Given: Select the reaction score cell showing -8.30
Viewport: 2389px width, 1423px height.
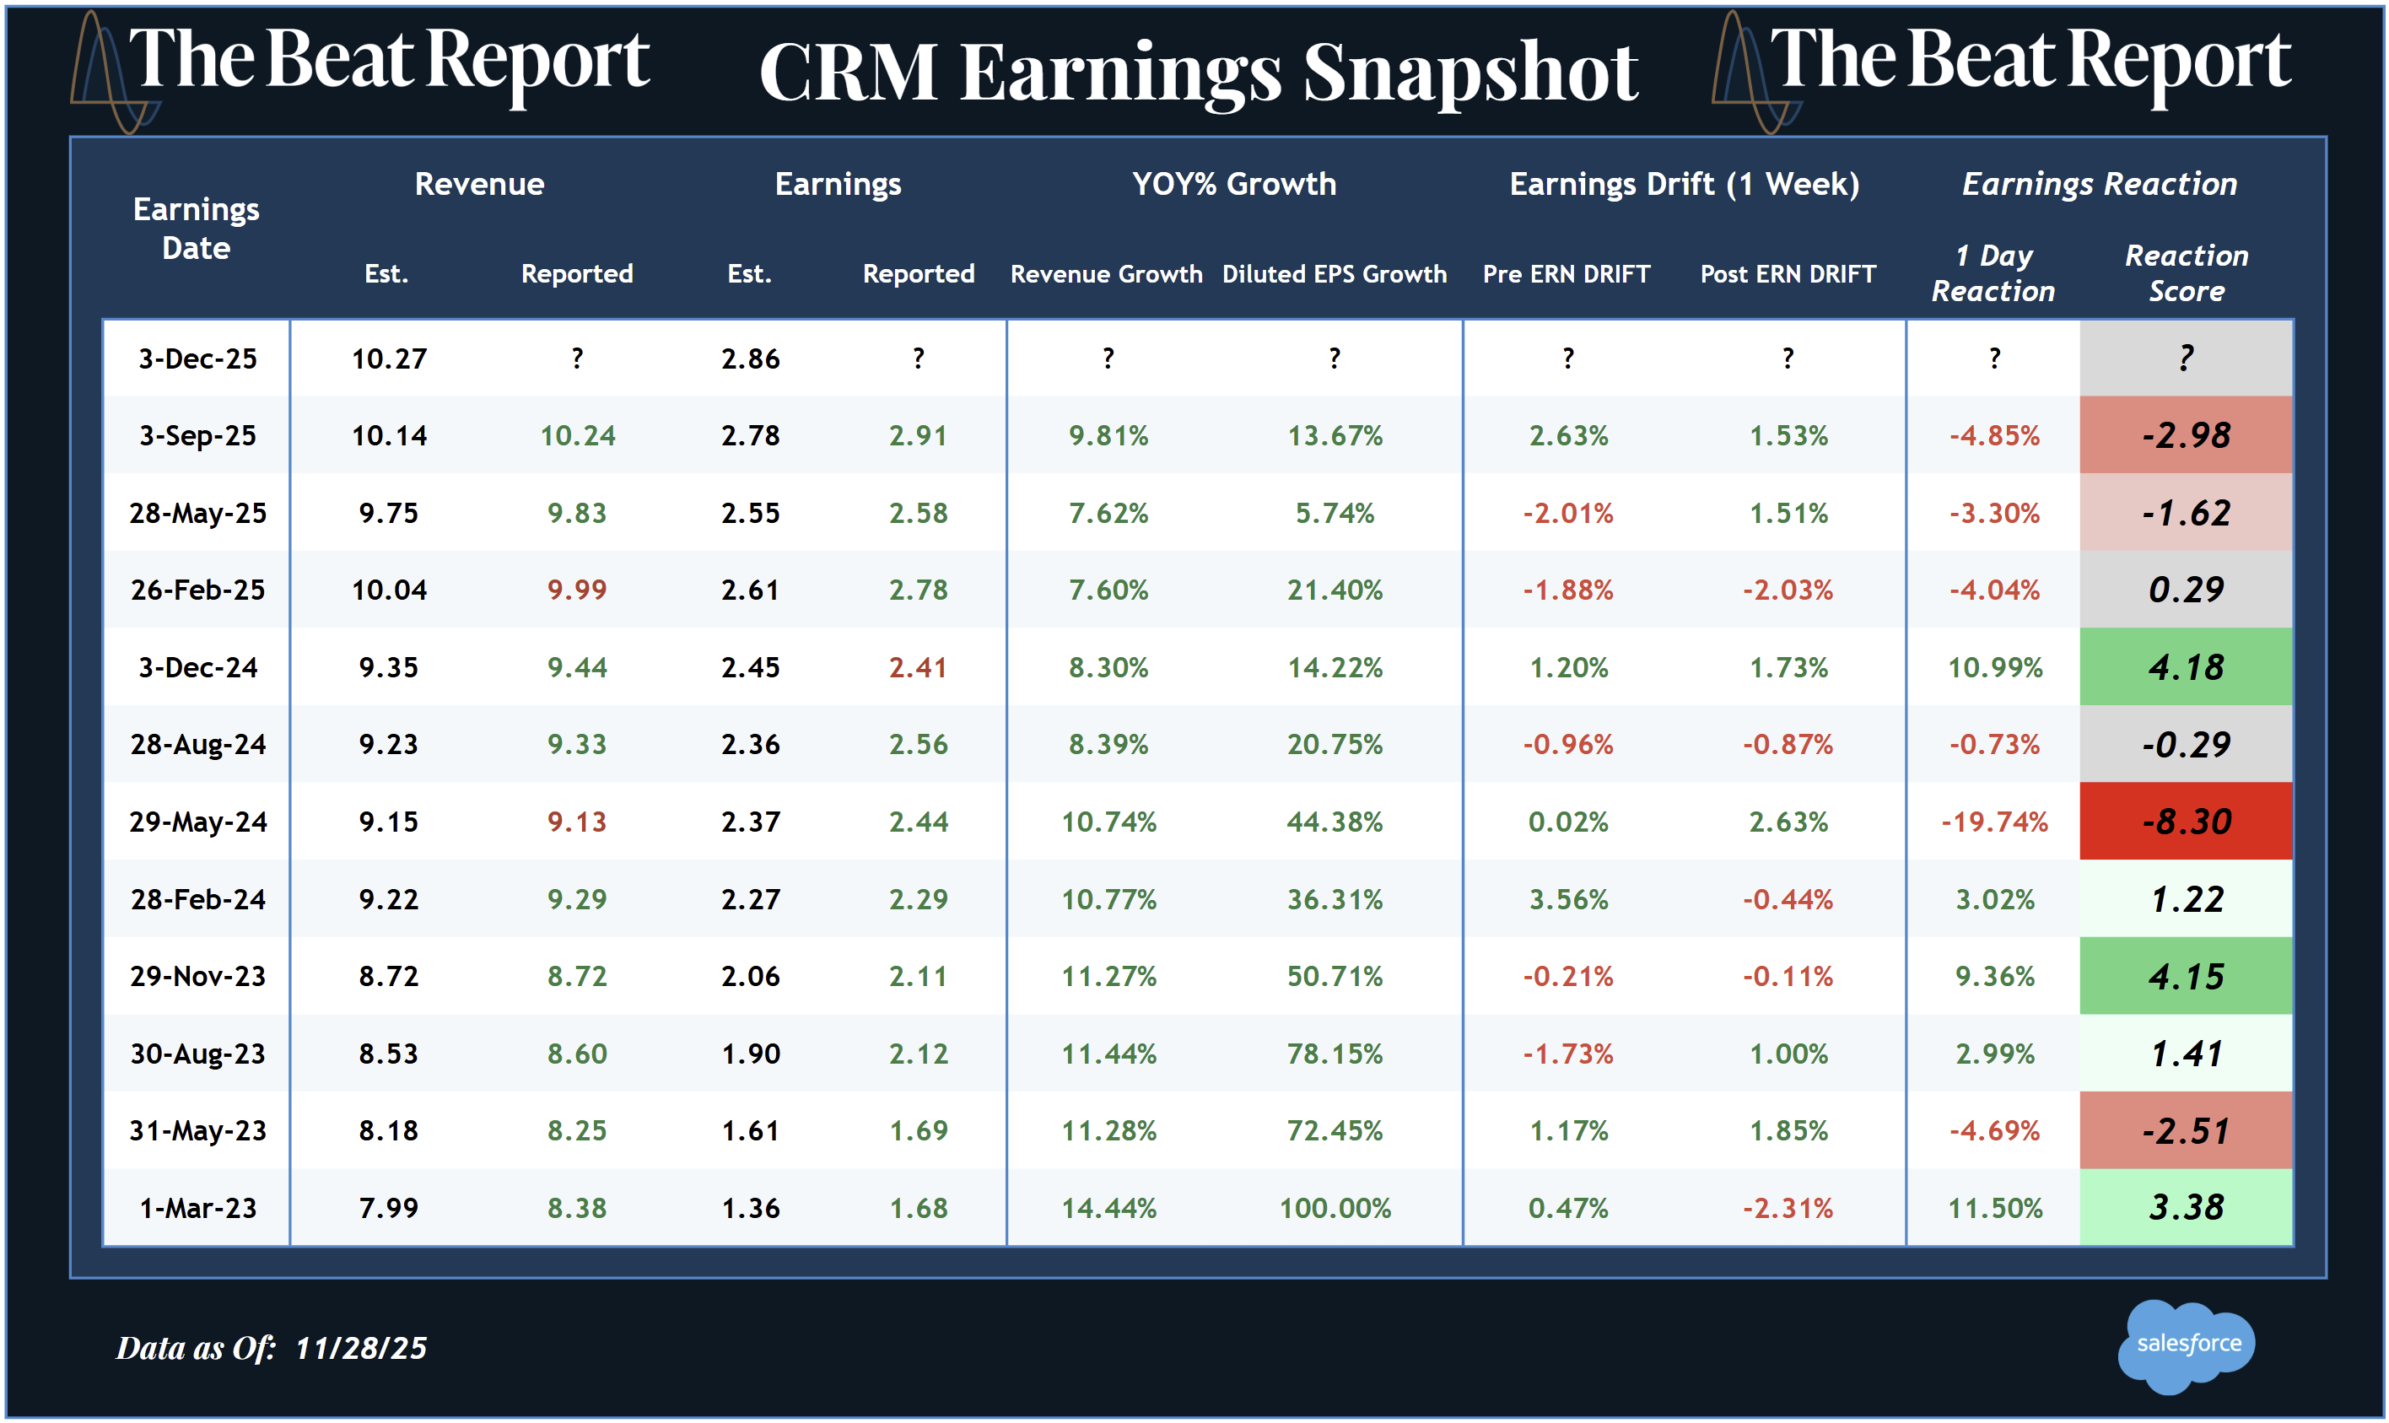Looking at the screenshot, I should tap(2186, 822).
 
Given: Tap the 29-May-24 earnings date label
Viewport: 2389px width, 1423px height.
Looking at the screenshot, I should tap(197, 822).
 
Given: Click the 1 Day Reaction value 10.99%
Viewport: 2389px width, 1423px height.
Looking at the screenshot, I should tap(1994, 667).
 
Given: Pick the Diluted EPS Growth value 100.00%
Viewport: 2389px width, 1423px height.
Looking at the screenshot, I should tap(1335, 1208).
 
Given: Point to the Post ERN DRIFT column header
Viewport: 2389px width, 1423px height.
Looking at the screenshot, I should tap(1787, 274).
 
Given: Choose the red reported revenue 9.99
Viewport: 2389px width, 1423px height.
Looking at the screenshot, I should tap(576, 590).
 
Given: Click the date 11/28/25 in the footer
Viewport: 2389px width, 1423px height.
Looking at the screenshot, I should tap(360, 1348).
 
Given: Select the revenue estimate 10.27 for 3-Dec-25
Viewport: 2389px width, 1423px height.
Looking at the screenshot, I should tap(388, 358).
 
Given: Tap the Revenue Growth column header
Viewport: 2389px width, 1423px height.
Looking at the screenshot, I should tap(1106, 274).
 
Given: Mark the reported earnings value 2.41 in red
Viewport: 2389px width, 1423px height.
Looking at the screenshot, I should tap(918, 667).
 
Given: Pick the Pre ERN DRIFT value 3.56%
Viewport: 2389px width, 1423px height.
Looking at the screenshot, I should tap(1568, 899).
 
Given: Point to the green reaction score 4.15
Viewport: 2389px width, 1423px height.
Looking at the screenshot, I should tap(2186, 976).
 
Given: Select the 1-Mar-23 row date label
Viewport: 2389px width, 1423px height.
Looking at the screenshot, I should tap(197, 1208).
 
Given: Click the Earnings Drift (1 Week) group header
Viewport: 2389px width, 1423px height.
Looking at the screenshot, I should tap(1684, 184).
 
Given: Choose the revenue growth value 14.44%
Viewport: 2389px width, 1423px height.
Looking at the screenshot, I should tap(1108, 1208).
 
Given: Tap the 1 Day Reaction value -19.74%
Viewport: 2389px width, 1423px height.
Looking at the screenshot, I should tap(1994, 822).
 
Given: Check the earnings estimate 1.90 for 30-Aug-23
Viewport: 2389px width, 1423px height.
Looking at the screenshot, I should tap(750, 1054).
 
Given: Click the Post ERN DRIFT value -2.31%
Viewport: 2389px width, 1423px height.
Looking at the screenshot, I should tap(1787, 1208).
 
